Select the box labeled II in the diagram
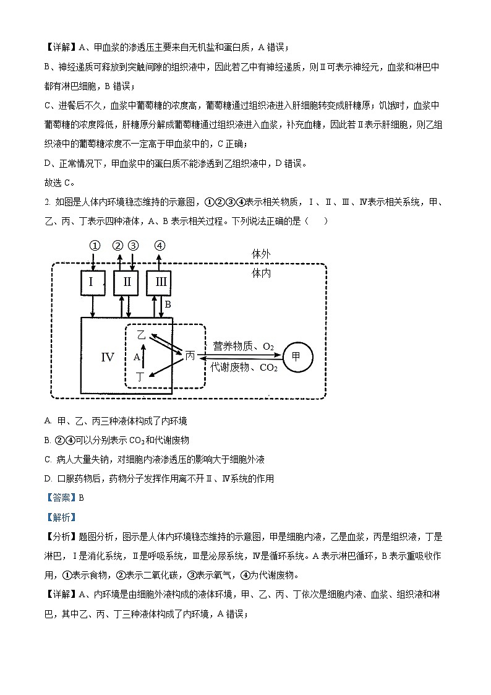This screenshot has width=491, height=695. point(126,283)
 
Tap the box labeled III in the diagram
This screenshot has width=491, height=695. point(160,283)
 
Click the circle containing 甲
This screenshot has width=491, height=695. point(297,356)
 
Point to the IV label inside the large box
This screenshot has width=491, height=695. point(108,357)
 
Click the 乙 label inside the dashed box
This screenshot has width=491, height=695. point(141,335)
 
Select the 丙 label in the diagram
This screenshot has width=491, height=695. point(190,356)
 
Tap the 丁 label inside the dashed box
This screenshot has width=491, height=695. point(141,376)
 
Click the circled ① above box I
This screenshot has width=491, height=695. point(94,245)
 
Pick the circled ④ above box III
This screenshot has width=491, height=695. point(160,245)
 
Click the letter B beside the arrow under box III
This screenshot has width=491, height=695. point(168,304)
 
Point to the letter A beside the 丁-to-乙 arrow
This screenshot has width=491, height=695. point(137,357)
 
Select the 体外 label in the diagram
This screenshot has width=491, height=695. point(262,254)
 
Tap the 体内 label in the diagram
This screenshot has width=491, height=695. point(262,273)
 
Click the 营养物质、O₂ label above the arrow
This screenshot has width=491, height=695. point(243,347)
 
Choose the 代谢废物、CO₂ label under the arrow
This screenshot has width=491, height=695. point(244,367)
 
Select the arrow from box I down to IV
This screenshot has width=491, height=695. point(93,306)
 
